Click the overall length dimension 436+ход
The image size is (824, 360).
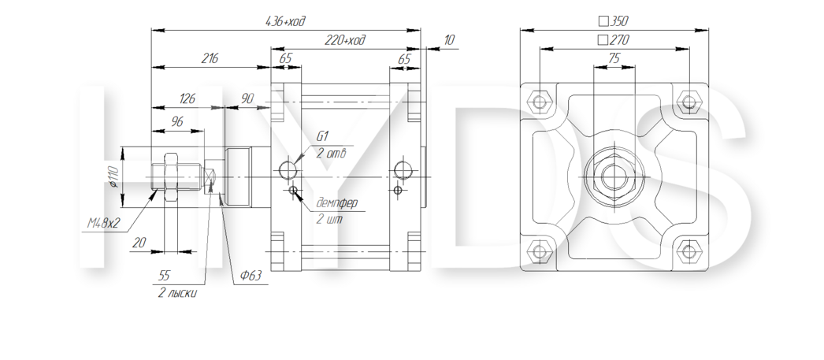click(x=285, y=21)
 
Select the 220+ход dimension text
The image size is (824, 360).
click(x=345, y=40)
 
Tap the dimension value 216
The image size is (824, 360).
click(x=210, y=58)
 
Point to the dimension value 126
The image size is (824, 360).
click(x=187, y=98)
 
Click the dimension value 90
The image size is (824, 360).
click(x=247, y=98)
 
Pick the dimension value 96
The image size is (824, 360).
click(x=177, y=122)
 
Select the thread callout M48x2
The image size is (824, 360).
click(x=103, y=224)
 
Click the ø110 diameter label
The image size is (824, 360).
click(x=113, y=177)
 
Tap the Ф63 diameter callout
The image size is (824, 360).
click(x=251, y=276)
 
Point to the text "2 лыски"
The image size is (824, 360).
click(x=177, y=293)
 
